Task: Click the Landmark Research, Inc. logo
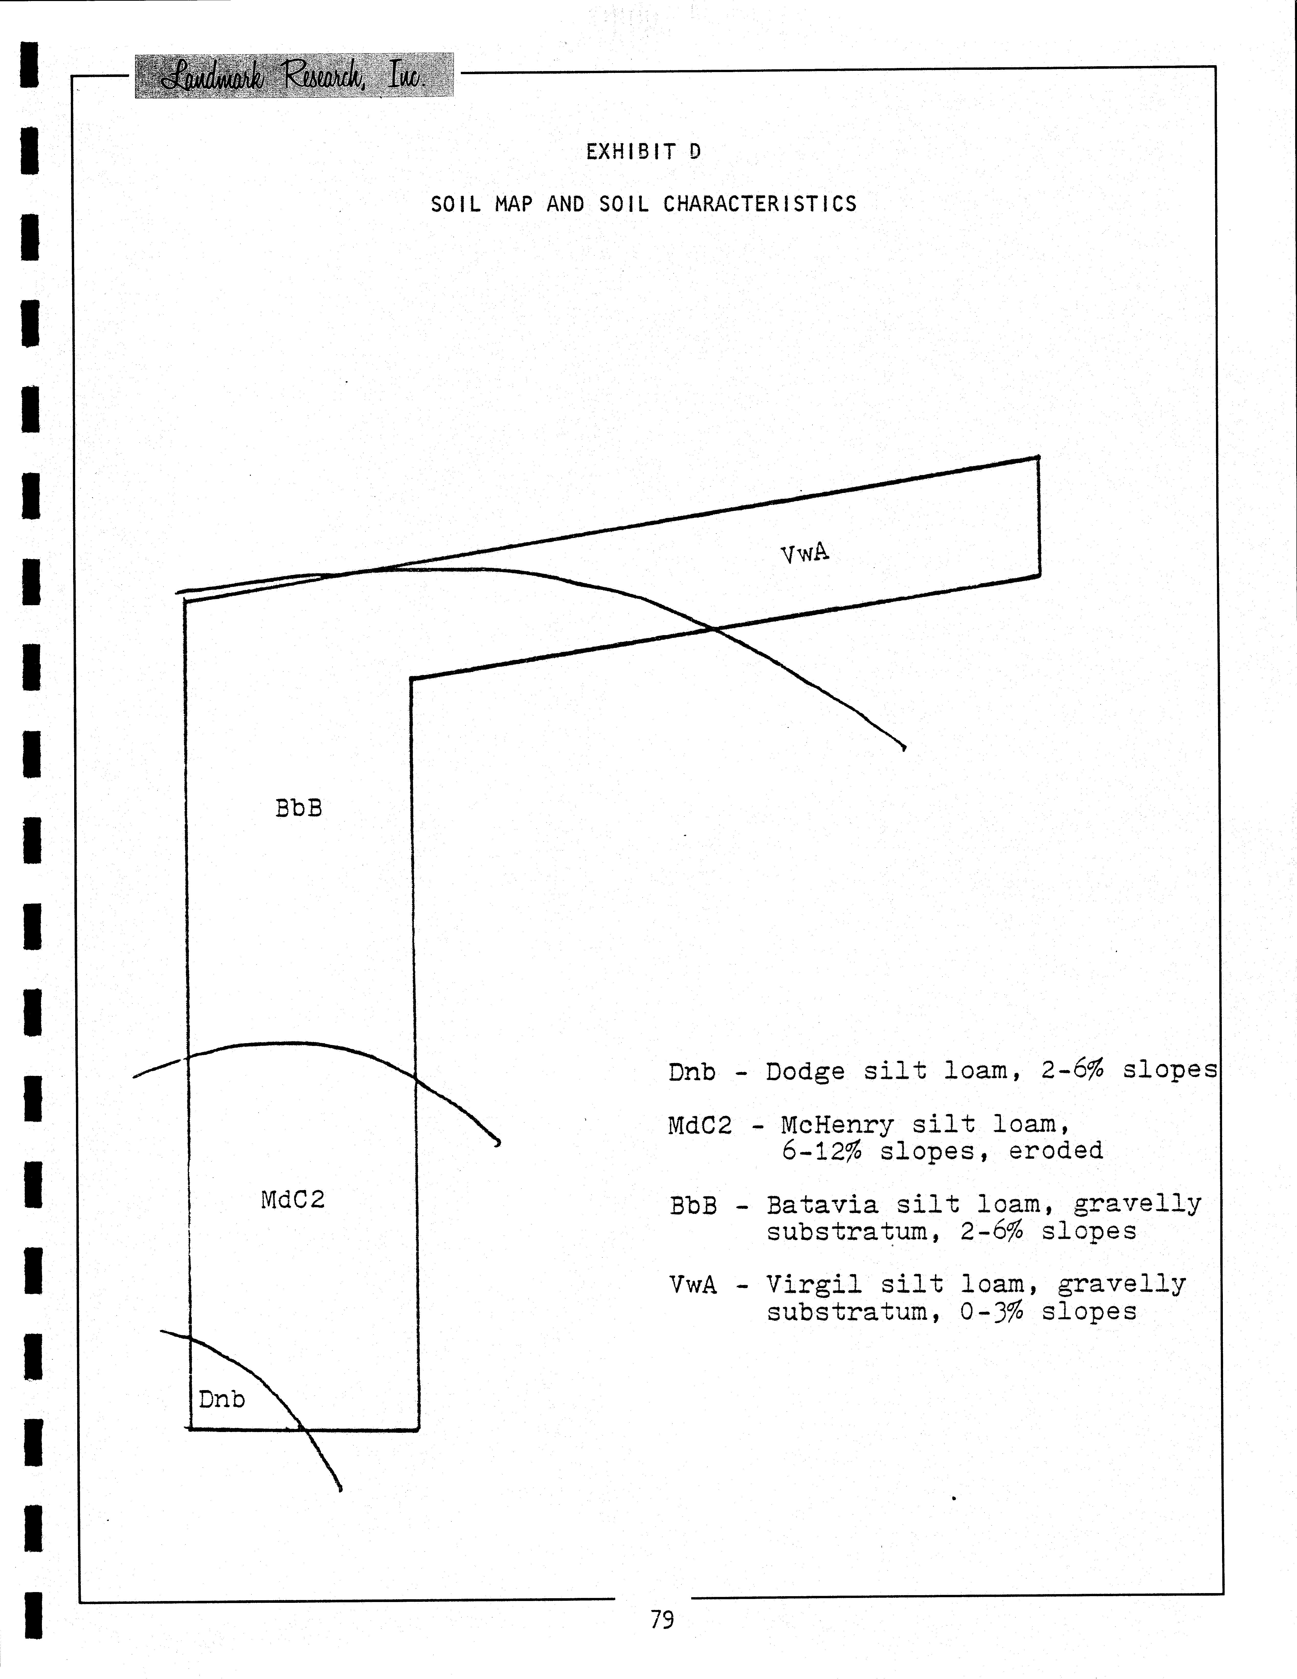[294, 75]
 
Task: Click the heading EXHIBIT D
[643, 151]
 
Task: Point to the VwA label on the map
[805, 554]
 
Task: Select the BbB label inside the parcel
[298, 808]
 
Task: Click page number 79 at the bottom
[662, 1620]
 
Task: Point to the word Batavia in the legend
[822, 1205]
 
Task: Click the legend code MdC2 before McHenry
[700, 1125]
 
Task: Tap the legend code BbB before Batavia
[693, 1205]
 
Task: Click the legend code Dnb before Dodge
[692, 1072]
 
